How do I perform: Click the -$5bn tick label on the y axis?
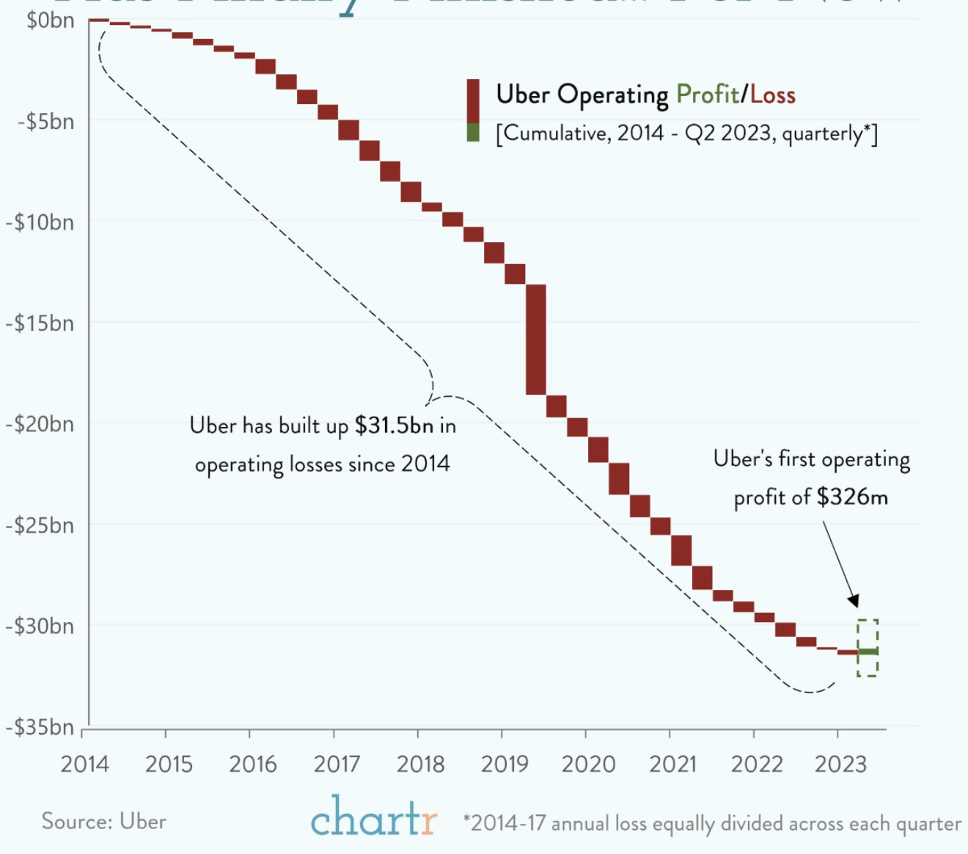pyautogui.click(x=45, y=121)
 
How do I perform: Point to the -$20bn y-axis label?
pyautogui.click(x=40, y=424)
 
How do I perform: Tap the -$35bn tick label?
pyautogui.click(x=40, y=727)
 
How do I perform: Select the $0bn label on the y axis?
pyautogui.click(x=50, y=21)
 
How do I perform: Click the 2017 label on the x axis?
pyautogui.click(x=337, y=764)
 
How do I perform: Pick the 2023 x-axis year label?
pyautogui.click(x=840, y=764)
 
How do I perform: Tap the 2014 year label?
pyautogui.click(x=84, y=764)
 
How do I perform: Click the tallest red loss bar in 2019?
pyautogui.click(x=536, y=340)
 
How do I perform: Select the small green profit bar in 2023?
pyautogui.click(x=868, y=652)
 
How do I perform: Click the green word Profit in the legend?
pyautogui.click(x=707, y=95)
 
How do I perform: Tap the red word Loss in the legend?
pyautogui.click(x=773, y=95)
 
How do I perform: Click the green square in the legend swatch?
pyautogui.click(x=473, y=133)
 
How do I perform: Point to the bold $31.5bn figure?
pyautogui.click(x=394, y=426)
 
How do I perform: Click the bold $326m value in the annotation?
pyautogui.click(x=852, y=497)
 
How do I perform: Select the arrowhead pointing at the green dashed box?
pyautogui.click(x=853, y=600)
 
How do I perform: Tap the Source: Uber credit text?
pyautogui.click(x=103, y=821)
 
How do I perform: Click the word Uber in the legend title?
pyautogui.click(x=523, y=95)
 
